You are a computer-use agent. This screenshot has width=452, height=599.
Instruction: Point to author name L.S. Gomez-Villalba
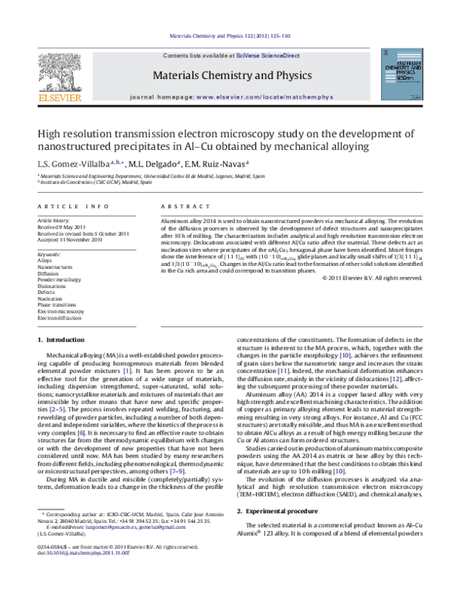click(x=72, y=164)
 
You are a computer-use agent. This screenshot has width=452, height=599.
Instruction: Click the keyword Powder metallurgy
click(x=60, y=278)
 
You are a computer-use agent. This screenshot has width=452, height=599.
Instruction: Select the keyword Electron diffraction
click(x=61, y=317)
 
